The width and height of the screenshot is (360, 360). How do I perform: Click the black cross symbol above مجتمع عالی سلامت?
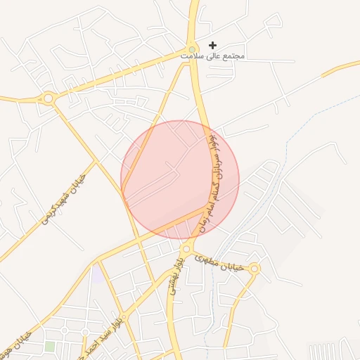click(213, 45)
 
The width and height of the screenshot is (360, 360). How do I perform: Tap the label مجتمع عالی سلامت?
click(213, 55)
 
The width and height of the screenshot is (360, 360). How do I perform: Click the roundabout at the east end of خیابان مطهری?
click(255, 268)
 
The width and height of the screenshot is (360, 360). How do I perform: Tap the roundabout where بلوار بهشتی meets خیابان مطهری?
click(187, 249)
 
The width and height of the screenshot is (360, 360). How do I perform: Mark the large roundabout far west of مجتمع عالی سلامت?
click(48, 99)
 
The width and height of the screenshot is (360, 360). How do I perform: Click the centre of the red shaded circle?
click(180, 179)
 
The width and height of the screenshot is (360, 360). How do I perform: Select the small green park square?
click(50, 346)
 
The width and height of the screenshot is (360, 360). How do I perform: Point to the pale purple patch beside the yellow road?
click(96, 275)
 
